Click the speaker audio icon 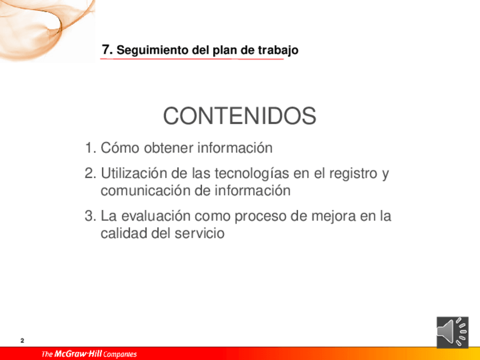pos(452,332)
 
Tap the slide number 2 pos(22,340)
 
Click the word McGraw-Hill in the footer pos(78,354)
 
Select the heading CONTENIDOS pos(239,115)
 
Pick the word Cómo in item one pos(121,148)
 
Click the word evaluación pos(156,216)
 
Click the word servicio pos(200,233)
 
